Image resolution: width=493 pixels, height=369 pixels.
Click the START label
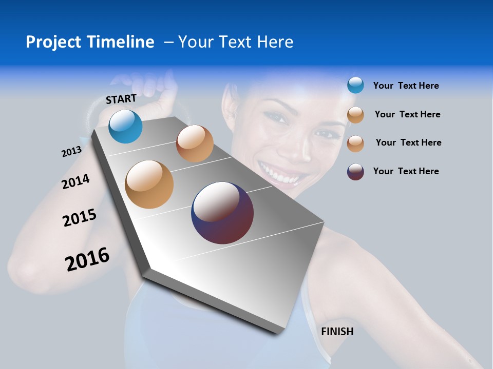(121, 98)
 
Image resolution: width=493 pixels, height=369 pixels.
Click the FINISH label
(337, 332)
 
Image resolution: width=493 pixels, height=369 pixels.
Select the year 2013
(71, 152)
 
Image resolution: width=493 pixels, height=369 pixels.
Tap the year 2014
(75, 181)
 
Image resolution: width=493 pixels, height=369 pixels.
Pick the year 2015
(80, 218)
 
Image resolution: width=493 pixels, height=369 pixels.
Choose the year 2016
(87, 259)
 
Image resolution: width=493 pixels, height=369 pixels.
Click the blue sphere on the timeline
(126, 126)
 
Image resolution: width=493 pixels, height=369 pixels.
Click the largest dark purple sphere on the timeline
(222, 213)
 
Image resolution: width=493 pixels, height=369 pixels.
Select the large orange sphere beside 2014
(149, 184)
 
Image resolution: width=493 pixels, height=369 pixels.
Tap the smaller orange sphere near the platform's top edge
(195, 143)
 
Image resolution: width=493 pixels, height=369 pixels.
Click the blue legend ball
(355, 85)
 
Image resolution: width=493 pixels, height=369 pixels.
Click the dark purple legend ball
(355, 172)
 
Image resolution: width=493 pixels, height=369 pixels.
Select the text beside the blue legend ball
(406, 86)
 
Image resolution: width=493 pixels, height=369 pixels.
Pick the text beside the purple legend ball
(406, 171)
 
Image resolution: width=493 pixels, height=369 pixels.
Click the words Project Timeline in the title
(90, 42)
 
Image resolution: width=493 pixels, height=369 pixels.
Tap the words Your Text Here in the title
(236, 42)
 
